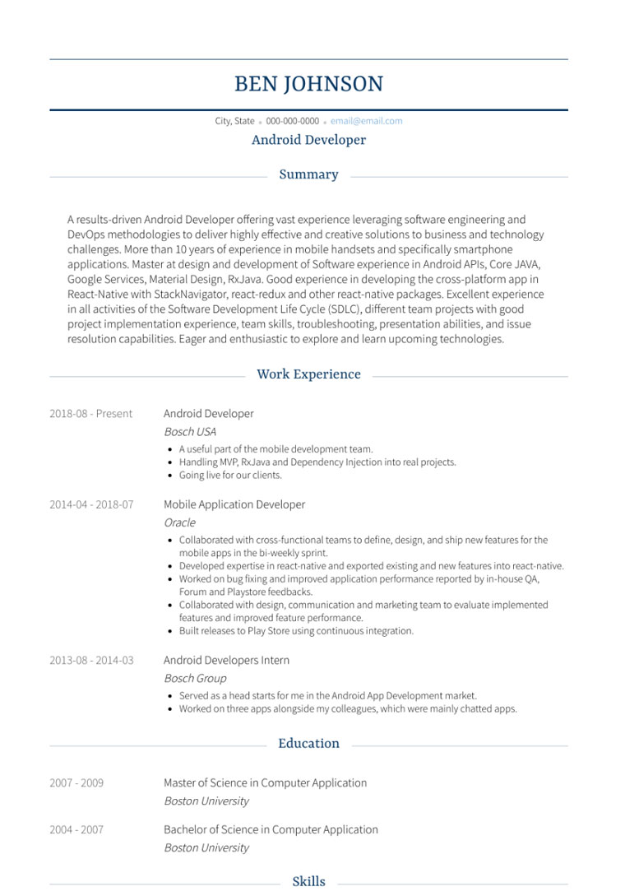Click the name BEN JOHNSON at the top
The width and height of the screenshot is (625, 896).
[x=308, y=84]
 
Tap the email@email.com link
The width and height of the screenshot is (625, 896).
[x=366, y=121]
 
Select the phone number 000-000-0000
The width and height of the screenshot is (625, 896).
[x=292, y=121]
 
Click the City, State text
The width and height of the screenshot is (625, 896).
[x=234, y=121]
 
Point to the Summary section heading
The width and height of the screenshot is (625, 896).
[x=308, y=174]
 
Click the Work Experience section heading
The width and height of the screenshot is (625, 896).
[x=308, y=374]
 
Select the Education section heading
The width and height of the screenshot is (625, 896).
[x=308, y=744]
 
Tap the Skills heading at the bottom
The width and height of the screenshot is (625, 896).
[x=308, y=882]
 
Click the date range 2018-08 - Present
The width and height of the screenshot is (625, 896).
[x=90, y=414]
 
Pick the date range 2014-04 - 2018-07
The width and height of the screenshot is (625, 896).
[x=90, y=505]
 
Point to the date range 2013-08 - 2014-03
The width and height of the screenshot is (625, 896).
[x=90, y=661]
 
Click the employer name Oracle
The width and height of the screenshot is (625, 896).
[x=179, y=522]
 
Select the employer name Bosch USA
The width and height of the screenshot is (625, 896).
[x=189, y=432]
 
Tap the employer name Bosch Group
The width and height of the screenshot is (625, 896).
[x=194, y=679]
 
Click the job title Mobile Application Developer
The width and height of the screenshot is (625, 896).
[x=234, y=505]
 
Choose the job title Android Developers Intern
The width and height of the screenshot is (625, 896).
[x=226, y=661]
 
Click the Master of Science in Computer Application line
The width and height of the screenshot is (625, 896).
[x=265, y=783]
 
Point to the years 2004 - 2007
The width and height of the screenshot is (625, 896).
[x=76, y=830]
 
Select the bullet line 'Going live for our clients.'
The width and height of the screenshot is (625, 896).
[x=230, y=476]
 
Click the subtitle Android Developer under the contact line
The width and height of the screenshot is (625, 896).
[x=308, y=140]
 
